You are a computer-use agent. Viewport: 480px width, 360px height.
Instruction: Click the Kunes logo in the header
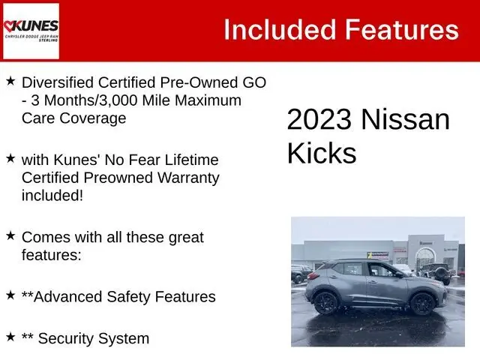(31, 31)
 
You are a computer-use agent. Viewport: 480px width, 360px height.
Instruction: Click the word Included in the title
(280, 30)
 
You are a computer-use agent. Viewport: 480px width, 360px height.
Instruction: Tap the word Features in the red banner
(402, 30)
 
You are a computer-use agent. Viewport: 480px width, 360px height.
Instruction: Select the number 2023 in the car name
(319, 119)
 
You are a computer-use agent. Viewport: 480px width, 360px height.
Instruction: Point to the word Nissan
(406, 119)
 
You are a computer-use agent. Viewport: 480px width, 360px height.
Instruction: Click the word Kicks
(322, 153)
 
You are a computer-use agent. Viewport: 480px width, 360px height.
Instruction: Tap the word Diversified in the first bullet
(58, 82)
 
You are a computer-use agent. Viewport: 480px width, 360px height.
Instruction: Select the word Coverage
(93, 118)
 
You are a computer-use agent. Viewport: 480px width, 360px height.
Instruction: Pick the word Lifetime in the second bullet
(192, 160)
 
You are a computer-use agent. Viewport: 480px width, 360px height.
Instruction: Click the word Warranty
(188, 178)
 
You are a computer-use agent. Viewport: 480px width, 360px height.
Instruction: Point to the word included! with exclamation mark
(52, 195)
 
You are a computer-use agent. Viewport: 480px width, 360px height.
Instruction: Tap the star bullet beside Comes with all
(10, 235)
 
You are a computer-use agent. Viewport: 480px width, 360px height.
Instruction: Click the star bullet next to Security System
(10, 337)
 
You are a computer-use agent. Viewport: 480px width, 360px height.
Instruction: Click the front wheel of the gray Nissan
(423, 304)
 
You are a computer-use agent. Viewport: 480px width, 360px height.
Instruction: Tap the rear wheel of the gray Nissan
(326, 303)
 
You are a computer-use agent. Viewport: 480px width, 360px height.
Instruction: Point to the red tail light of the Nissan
(313, 275)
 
